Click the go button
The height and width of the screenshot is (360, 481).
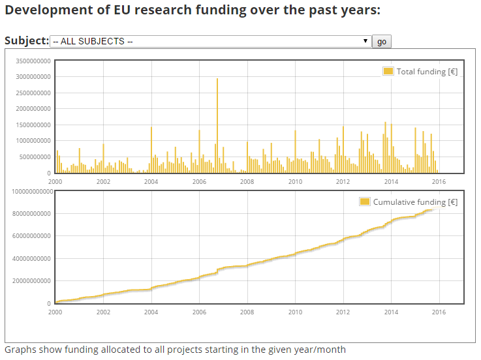[382, 42]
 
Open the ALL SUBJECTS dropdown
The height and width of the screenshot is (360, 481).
[211, 41]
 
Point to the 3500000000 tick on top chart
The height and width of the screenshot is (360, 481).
[32, 61]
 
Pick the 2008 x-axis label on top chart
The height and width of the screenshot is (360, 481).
[247, 182]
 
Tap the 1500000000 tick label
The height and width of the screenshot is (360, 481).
[32, 125]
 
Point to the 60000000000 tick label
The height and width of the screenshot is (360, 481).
[31, 236]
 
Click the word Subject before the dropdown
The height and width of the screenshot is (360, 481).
[27, 40]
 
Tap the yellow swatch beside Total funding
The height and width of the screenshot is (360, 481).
[388, 72]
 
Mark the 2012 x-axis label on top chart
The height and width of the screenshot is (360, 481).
[343, 182]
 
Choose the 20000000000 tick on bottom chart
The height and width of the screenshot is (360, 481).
[31, 281]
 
